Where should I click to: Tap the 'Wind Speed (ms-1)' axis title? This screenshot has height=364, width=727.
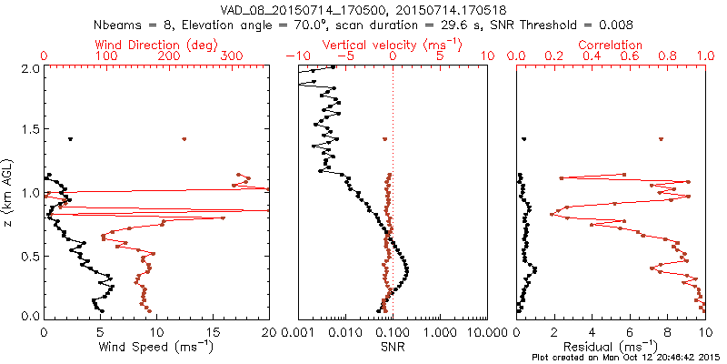click(157, 347)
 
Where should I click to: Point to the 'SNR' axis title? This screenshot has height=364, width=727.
click(393, 347)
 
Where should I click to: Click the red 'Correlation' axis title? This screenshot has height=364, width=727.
click(611, 45)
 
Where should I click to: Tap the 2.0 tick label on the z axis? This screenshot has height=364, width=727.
click(31, 69)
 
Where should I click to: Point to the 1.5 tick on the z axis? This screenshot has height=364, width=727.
click(31, 131)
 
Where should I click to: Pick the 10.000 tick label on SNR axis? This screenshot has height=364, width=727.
click(483, 333)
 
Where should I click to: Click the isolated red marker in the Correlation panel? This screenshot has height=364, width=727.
click(661, 139)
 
